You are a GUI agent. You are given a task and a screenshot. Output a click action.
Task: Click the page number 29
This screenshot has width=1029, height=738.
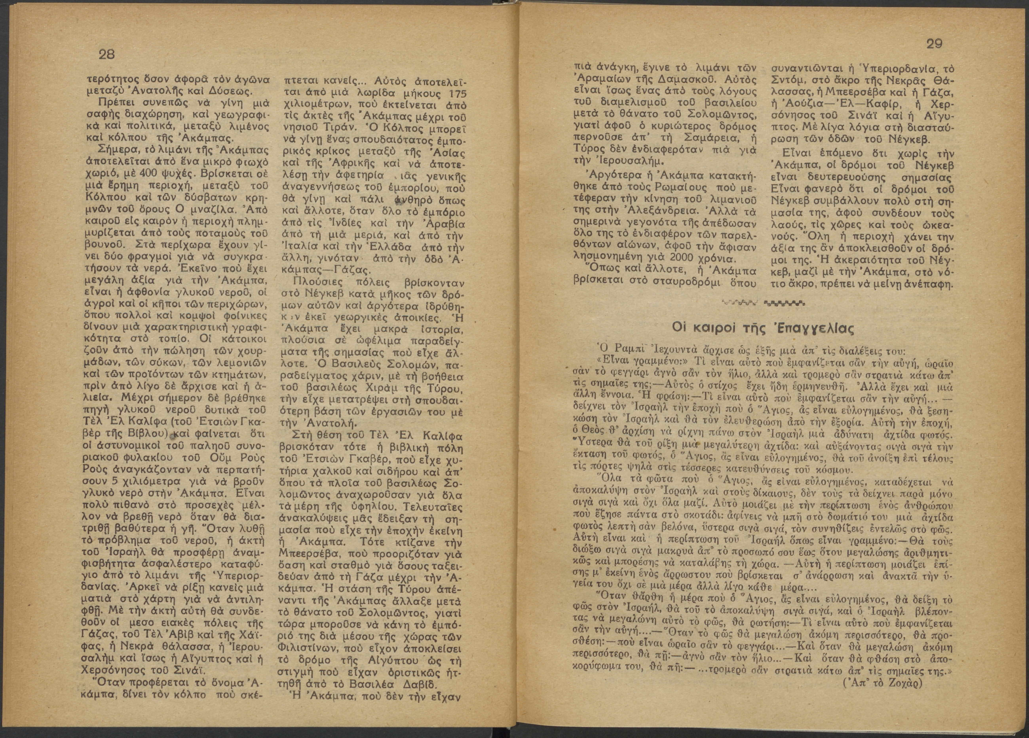[x=935, y=44]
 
